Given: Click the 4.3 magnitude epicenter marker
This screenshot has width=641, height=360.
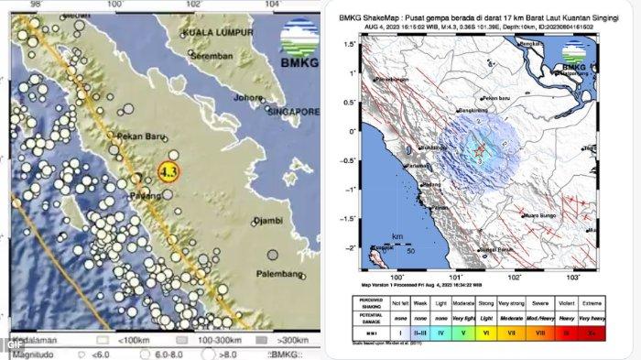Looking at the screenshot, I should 168,170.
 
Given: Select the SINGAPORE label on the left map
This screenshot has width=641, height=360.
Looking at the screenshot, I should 294,111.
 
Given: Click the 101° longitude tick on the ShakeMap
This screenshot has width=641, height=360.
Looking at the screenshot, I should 455,274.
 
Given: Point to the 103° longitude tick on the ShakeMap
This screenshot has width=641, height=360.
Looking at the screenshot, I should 573,274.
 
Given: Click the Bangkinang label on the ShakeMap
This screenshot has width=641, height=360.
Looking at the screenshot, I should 473,111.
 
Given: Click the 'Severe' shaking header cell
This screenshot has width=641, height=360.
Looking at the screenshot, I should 544,300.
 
